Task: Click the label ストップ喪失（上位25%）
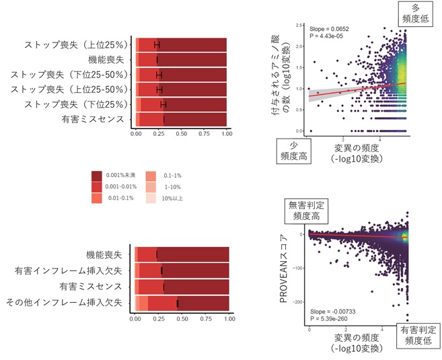click(x=75, y=45)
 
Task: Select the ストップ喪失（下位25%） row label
click(x=75, y=104)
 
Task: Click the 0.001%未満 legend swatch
click(x=97, y=174)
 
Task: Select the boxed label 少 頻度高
click(x=289, y=149)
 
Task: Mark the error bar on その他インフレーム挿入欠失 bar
click(x=178, y=303)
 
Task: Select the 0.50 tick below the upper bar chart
click(x=181, y=134)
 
